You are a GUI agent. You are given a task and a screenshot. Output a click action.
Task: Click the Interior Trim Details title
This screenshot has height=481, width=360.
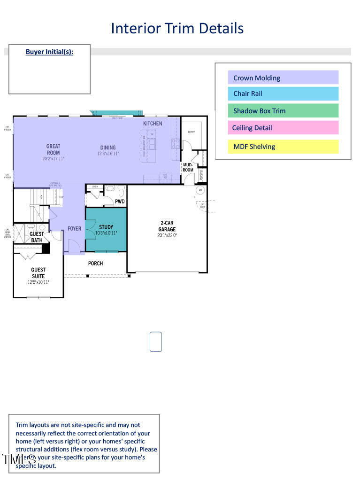point(177,28)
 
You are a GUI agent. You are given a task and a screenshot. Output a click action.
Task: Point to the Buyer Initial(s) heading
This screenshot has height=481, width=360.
point(49,52)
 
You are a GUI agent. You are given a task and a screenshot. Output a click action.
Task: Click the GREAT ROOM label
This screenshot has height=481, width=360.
point(53,149)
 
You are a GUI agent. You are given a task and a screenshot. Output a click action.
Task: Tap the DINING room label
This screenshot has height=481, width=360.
point(108,147)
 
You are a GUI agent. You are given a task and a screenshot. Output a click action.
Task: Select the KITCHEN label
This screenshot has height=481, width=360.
point(153,124)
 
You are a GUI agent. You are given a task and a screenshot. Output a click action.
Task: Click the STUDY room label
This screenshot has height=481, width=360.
point(106,227)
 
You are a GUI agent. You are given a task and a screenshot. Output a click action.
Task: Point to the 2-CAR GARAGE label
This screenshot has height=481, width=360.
point(167,226)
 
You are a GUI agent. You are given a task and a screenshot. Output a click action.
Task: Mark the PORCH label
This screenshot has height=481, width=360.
point(95,264)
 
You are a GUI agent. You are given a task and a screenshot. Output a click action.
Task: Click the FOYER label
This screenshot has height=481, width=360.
point(74,229)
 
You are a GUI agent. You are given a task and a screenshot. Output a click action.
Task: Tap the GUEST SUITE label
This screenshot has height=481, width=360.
point(38,273)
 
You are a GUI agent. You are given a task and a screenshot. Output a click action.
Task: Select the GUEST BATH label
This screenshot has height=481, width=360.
point(37,237)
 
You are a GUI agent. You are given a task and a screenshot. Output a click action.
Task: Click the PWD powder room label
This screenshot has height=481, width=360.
point(120,202)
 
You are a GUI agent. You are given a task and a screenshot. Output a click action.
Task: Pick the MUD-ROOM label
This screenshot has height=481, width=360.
point(188,167)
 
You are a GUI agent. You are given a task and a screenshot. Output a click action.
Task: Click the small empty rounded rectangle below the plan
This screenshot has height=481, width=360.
point(156,341)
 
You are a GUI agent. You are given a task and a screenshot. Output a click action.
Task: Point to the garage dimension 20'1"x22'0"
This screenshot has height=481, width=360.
point(167,235)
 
